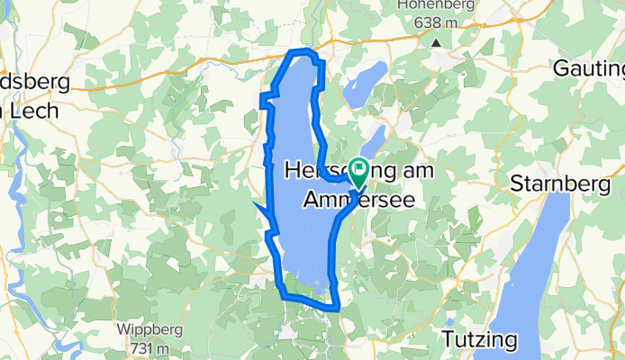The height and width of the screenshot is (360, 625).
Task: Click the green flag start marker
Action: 358,167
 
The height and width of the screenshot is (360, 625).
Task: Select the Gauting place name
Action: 588,68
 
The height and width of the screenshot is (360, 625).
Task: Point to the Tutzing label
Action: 480,339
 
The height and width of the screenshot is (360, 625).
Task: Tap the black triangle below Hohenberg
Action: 436,41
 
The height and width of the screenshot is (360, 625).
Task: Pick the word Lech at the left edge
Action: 34,111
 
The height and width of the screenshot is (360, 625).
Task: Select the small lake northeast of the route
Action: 365,83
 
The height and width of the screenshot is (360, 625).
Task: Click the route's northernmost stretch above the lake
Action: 303,51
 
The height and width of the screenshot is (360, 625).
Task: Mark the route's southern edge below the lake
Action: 311,302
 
